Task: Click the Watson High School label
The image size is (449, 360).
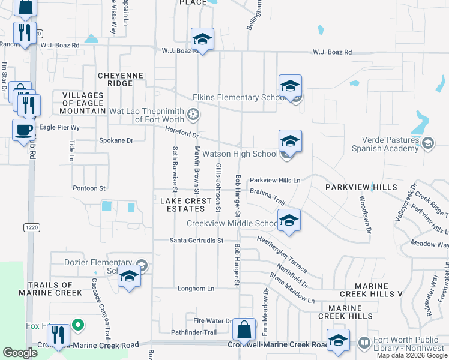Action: [x=240, y=154]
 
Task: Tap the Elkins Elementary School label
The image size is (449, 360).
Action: [x=238, y=98]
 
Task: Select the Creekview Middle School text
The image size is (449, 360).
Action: [x=232, y=223]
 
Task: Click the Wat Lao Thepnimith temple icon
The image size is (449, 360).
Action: [x=193, y=113]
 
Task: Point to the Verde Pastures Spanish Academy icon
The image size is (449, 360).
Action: [x=427, y=143]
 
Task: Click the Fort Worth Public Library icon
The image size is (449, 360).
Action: [x=364, y=343]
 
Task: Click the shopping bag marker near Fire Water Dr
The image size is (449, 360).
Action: [x=244, y=329]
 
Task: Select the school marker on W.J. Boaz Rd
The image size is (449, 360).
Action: [x=202, y=40]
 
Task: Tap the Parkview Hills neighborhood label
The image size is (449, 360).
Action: [x=361, y=188]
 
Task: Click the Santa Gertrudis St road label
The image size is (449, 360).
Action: [x=196, y=241]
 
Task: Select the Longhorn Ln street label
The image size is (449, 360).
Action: [x=194, y=289]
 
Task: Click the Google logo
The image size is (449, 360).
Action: [x=20, y=353]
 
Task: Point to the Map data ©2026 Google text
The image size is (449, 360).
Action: [x=411, y=355]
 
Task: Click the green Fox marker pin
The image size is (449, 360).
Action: [x=77, y=326]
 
